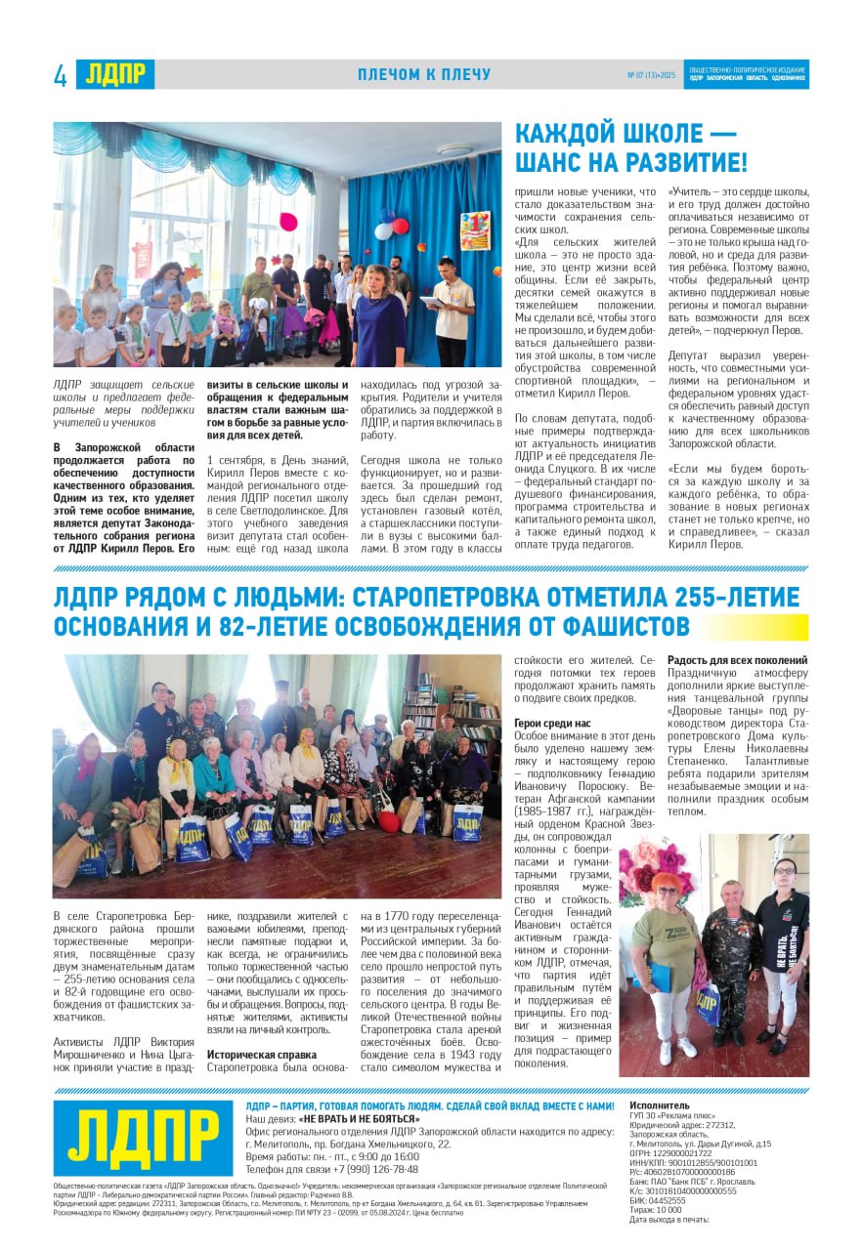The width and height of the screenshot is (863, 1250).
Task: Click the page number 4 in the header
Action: [x=61, y=75]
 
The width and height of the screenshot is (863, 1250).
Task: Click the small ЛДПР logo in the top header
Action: [x=114, y=74]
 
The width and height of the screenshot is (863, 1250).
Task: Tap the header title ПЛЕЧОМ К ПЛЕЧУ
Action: [x=424, y=75]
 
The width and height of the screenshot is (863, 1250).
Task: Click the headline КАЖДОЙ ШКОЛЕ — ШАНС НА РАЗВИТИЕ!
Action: [x=631, y=147]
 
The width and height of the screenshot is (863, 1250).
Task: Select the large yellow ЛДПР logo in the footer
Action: [x=144, y=1137]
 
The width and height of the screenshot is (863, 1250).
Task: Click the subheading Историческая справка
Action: [x=262, y=1055]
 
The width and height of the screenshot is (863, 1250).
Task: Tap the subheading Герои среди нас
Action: [x=553, y=723]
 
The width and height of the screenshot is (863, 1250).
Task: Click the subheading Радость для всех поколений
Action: [x=738, y=660]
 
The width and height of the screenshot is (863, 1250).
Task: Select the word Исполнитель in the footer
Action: [x=660, y=1105]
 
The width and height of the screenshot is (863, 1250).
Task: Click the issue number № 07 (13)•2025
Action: [x=651, y=75]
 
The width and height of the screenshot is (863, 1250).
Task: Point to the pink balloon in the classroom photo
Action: [x=289, y=222]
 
